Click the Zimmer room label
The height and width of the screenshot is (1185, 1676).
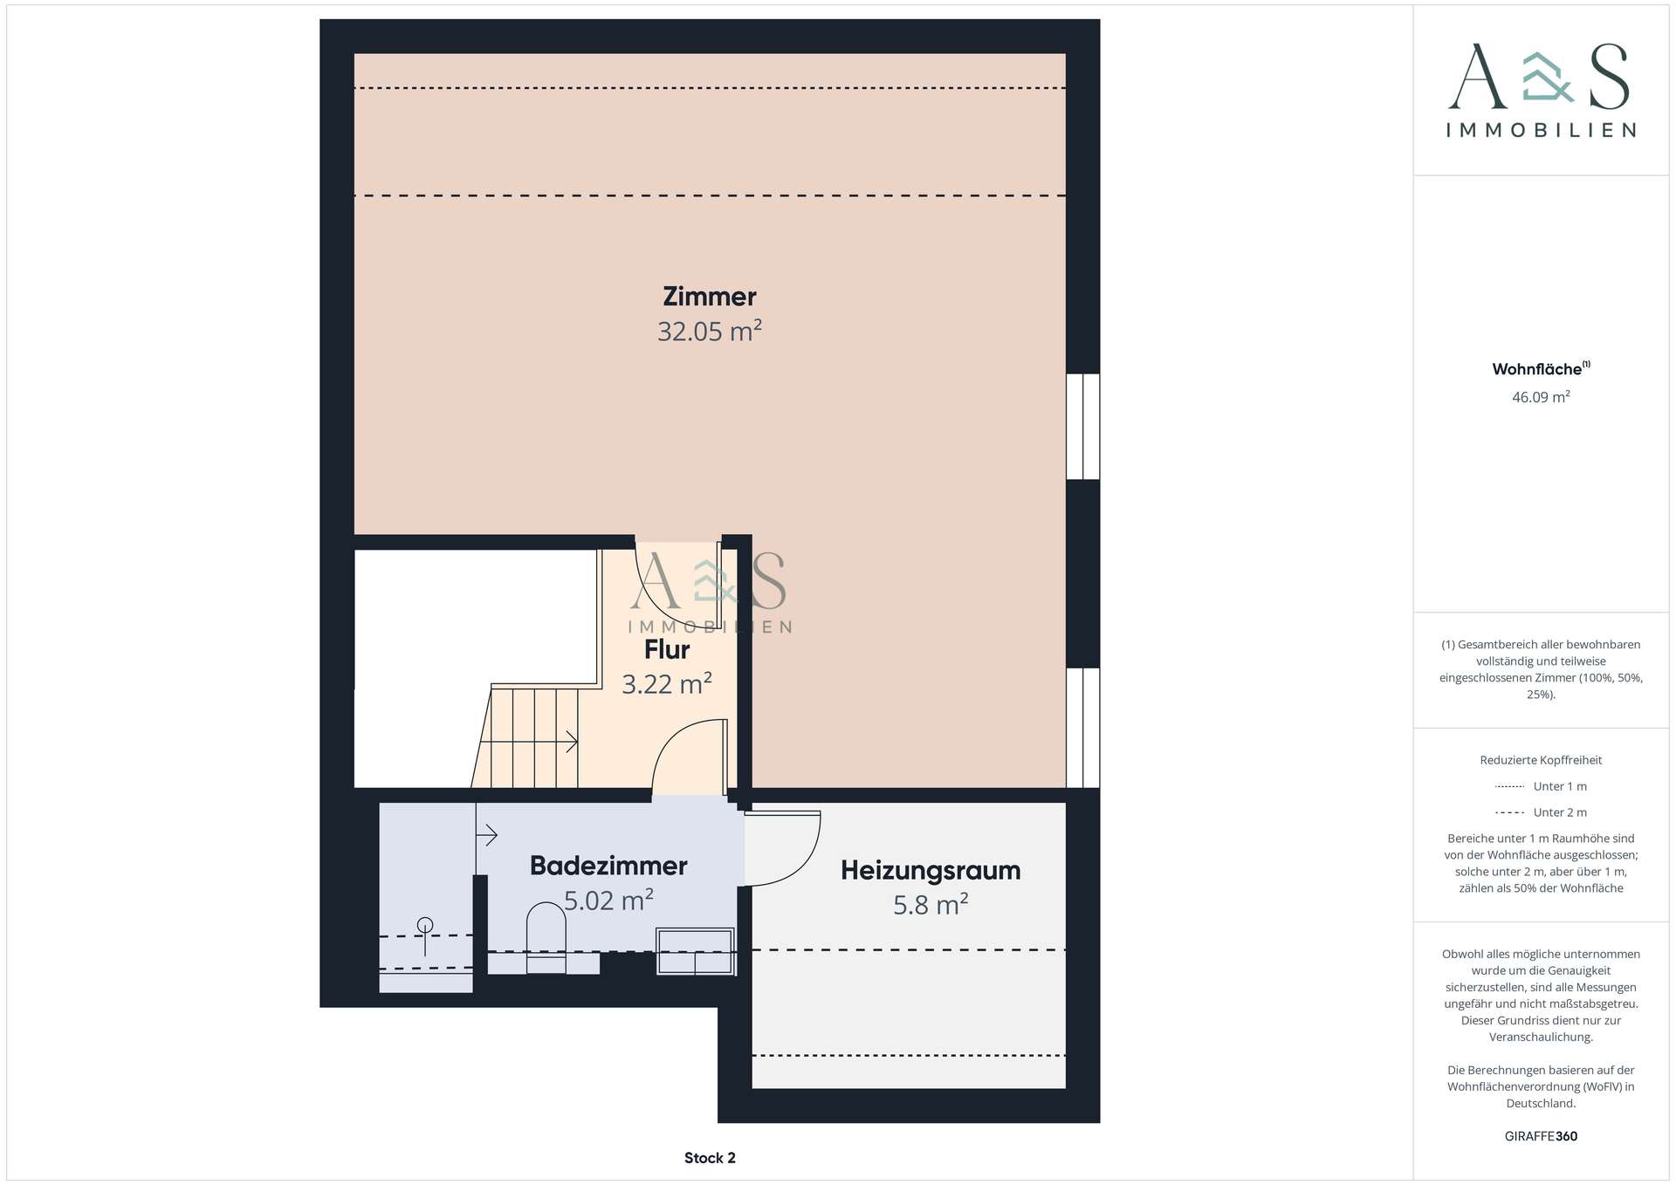pos(709,297)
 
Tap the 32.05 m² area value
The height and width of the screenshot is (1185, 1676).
pos(709,332)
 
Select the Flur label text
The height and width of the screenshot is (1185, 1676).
pos(667,650)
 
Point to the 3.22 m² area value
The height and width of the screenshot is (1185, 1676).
pos(667,684)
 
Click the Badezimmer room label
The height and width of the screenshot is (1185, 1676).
pos(608,866)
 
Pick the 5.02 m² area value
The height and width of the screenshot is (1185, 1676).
pos(608,901)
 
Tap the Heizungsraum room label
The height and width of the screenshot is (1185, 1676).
pos(931,870)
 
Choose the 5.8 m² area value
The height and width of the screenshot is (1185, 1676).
pos(931,905)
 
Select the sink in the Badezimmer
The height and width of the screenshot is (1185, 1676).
pos(695,951)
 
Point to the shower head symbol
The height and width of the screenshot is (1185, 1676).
pos(425,926)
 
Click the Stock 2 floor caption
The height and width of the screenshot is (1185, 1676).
pos(710,1158)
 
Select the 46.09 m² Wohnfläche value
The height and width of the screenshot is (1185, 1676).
pos(1541,397)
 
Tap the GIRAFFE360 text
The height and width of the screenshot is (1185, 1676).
pos(1541,1136)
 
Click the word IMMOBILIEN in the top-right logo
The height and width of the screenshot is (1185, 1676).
pos(1541,130)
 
